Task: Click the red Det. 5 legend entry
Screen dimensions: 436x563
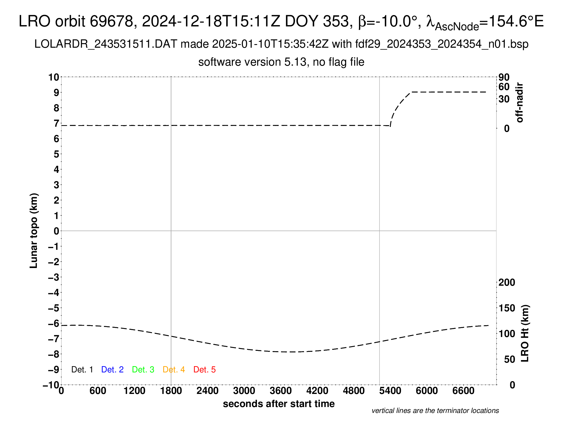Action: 204,370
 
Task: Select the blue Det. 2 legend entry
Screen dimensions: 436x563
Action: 112,370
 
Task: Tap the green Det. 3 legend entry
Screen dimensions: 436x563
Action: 143,370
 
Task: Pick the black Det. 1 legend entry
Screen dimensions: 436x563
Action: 82,370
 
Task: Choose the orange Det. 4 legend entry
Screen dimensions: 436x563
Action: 174,370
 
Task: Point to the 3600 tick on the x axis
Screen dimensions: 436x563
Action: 281,391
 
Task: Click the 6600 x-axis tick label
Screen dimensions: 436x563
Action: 463,391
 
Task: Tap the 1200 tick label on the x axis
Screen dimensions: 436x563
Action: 134,391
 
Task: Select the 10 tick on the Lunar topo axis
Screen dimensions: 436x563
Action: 54,77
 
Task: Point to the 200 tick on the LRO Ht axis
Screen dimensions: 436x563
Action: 507,283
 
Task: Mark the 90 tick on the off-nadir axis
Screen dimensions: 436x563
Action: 504,77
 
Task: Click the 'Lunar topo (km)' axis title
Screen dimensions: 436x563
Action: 34,231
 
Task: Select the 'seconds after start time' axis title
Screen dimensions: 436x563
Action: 279,404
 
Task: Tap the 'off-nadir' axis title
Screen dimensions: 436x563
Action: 519,103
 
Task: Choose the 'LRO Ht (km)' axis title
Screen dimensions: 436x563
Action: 525,333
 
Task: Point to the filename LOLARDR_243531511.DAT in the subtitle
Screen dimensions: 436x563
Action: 105,44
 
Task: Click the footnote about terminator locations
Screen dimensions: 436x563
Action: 435,411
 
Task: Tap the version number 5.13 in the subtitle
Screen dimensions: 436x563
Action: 295,62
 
